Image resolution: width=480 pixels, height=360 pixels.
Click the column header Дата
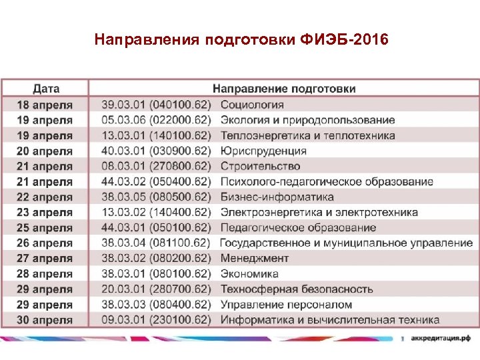[46, 89]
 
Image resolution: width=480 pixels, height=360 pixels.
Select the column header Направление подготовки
[284, 89]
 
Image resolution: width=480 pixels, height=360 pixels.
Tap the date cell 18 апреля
[45, 105]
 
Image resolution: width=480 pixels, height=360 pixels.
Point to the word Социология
[252, 105]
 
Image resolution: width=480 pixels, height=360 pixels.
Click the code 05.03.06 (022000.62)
[156, 120]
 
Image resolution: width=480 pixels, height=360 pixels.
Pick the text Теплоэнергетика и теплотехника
[307, 135]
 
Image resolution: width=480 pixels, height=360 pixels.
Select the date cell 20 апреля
[45, 151]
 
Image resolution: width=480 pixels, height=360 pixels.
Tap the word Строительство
[260, 166]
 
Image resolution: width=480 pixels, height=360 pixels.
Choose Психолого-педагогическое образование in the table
[327, 181]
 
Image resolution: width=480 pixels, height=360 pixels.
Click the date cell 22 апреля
[45, 197]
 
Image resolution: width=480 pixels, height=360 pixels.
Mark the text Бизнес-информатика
[277, 197]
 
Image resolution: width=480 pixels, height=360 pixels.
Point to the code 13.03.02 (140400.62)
[156, 212]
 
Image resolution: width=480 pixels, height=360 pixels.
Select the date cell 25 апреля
[45, 227]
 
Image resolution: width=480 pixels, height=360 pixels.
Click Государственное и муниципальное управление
[346, 243]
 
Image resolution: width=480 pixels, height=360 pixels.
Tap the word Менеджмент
[254, 258]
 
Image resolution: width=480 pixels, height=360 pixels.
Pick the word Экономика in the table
[249, 273]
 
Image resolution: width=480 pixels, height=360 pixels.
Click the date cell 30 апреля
[45, 319]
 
